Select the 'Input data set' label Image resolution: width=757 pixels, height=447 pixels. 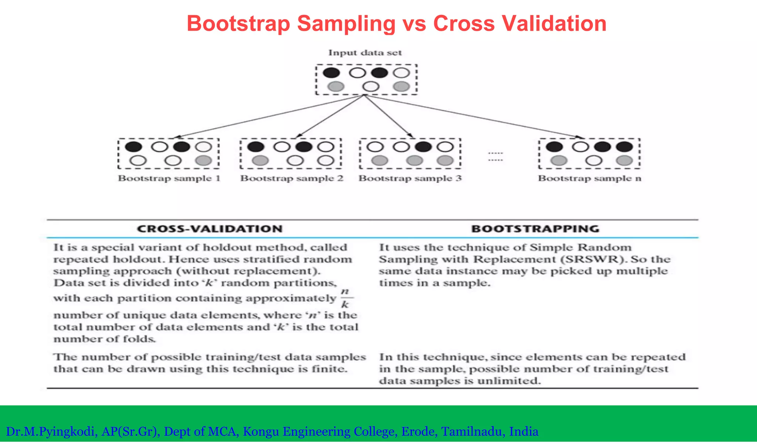pos(365,53)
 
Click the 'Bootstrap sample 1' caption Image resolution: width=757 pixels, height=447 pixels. pos(169,179)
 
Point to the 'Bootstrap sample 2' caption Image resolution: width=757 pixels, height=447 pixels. pos(292,179)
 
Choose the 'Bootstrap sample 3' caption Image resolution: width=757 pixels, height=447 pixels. pos(410,179)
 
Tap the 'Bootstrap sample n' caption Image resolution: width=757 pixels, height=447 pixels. pos(590,179)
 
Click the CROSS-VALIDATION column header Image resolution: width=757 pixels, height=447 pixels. pos(210,229)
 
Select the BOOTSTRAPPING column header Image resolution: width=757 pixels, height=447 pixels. pos(535,229)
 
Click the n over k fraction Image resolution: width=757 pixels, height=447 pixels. pos(345,298)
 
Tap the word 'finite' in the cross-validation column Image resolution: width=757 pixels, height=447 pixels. pos(329,369)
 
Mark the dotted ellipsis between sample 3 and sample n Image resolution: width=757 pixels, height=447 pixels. pos(495,156)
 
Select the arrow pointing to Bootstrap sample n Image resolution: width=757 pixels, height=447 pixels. pos(473,116)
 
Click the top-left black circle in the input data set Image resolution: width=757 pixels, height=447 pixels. pos(331,72)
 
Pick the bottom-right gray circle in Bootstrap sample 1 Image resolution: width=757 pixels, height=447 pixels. pos(204,160)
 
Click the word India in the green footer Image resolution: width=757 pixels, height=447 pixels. pos(524,431)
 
